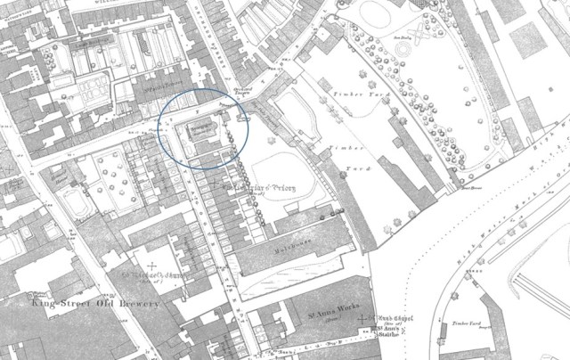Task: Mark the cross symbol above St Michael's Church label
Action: pyautogui.click(x=152, y=265)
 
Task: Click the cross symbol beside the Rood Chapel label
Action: pyautogui.click(x=372, y=315)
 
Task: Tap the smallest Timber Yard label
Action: pyautogui.click(x=461, y=324)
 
